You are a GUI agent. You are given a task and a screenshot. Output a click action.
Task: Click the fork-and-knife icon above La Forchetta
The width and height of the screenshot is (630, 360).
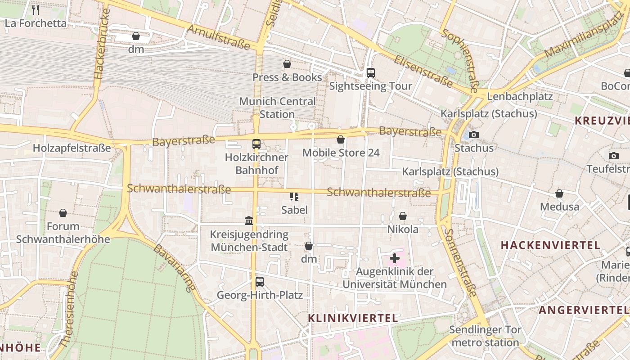36,10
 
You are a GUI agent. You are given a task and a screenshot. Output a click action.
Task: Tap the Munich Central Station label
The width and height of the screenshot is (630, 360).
277,108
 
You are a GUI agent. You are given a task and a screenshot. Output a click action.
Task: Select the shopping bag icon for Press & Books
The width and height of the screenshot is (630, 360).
287,64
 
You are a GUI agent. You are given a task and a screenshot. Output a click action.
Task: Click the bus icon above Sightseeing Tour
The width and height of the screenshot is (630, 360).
371,72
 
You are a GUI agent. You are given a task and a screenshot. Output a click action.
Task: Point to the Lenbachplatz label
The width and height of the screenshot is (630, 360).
520,96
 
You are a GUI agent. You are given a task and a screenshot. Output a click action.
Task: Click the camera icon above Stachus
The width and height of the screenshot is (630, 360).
473,135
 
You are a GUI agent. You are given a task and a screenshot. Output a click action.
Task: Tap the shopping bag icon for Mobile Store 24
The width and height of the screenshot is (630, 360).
341,139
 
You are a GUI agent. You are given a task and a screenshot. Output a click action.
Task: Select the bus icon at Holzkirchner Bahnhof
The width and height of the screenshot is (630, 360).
256,144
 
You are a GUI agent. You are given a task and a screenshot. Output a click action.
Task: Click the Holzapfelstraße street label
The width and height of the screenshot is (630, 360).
72,148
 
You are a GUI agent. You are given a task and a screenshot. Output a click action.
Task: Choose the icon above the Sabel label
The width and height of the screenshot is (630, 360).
294,196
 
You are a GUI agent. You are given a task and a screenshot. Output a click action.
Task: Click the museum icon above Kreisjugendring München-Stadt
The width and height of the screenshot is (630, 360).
249,220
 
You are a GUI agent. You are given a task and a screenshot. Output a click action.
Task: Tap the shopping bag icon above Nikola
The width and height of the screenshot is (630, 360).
403,216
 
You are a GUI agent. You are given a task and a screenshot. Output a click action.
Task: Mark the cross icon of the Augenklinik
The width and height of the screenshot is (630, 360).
395,258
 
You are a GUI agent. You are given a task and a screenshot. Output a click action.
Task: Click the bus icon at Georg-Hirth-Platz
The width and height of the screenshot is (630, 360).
260,282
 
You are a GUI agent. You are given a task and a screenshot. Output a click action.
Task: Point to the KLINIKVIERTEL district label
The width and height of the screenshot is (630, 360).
353,318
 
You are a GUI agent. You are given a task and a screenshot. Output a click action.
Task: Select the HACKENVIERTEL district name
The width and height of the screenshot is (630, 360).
550,245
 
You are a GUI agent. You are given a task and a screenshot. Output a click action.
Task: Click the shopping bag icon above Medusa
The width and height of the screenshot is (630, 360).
559,193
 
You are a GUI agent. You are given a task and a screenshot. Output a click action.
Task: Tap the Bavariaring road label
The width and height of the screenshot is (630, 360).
175,267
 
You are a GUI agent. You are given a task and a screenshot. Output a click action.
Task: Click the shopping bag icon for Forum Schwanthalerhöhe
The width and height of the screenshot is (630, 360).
63,213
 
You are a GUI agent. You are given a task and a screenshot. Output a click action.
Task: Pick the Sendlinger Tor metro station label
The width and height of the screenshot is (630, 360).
485,336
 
